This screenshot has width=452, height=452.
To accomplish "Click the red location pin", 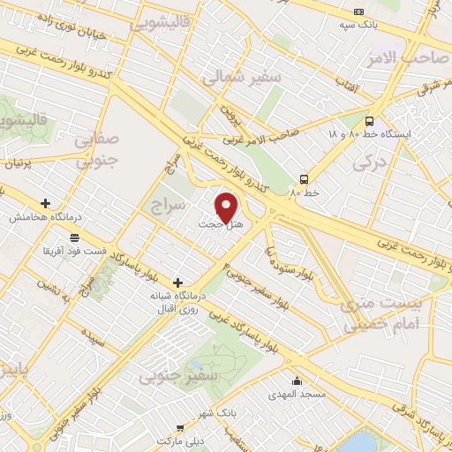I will point(227,207).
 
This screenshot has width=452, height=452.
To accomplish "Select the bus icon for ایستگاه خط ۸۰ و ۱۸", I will point(369,122).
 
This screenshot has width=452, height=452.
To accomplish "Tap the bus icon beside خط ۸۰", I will point(304,177).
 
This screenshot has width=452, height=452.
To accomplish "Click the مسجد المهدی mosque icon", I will point(298,382).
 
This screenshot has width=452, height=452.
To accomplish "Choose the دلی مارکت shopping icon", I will point(181,426).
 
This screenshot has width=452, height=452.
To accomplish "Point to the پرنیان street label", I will point(19,164).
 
